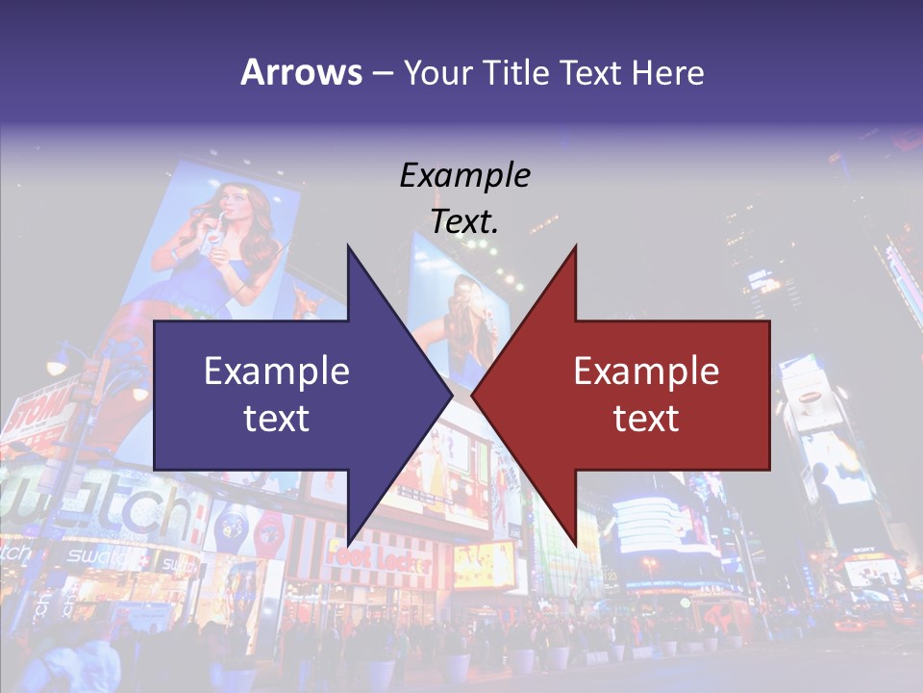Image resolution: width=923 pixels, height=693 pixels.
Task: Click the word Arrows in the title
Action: click(x=301, y=72)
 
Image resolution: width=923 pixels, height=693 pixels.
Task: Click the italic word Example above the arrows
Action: click(x=465, y=175)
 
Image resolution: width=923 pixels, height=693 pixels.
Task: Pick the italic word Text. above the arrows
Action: click(x=465, y=221)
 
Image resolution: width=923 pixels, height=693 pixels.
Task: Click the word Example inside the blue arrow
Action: click(x=277, y=371)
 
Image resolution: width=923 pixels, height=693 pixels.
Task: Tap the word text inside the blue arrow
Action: click(x=277, y=419)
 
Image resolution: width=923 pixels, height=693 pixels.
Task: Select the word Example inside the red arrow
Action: click(x=646, y=371)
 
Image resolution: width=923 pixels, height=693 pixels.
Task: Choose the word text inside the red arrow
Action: click(x=646, y=419)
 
